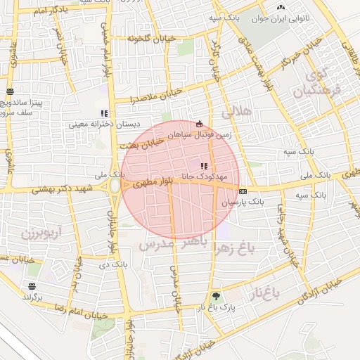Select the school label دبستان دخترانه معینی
[103, 124]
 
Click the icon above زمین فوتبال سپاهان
[199, 122]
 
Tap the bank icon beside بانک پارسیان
[243, 191]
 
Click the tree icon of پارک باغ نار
[215, 296]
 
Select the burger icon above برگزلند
[32, 286]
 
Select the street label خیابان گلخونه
[145, 37]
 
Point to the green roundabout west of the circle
[114, 186]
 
